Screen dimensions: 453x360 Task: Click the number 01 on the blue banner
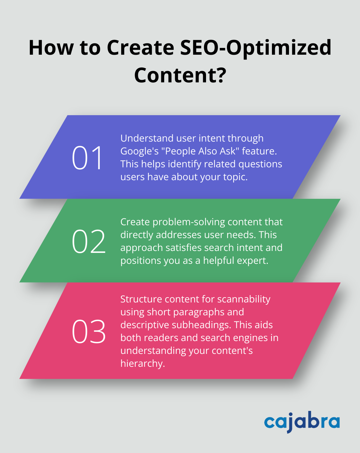pos(87,158)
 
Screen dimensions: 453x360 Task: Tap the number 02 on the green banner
pos(88,242)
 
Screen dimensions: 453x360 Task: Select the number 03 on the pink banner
pos(88,332)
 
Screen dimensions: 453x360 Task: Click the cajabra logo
pos(302,421)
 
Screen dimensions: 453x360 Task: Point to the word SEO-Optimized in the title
pos(256,48)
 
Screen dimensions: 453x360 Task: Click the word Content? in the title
pos(180,75)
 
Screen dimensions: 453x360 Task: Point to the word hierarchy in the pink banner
pos(142,364)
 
